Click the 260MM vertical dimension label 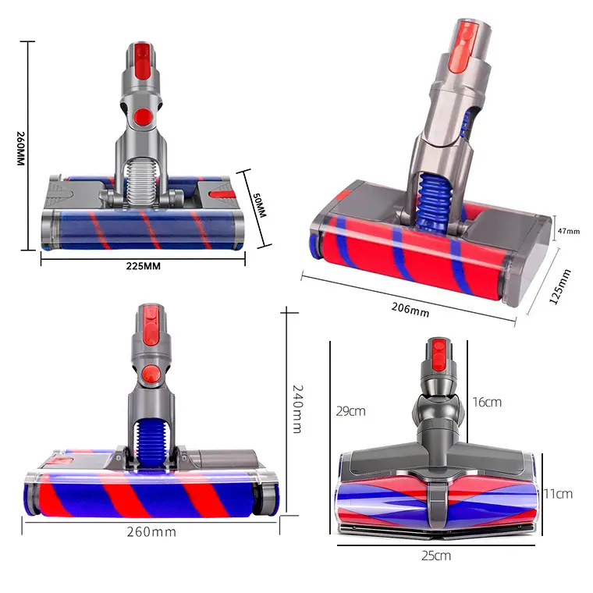pyautogui.click(x=20, y=148)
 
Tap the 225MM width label pyautogui.click(x=144, y=266)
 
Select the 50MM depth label pyautogui.click(x=259, y=205)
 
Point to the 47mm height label pyautogui.click(x=569, y=231)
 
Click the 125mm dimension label pyautogui.click(x=560, y=286)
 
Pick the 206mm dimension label pyautogui.click(x=410, y=310)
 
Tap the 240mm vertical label pyautogui.click(x=297, y=409)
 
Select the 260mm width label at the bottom pyautogui.click(x=151, y=532)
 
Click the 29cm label pyautogui.click(x=351, y=411)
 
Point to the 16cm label pyautogui.click(x=487, y=402)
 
